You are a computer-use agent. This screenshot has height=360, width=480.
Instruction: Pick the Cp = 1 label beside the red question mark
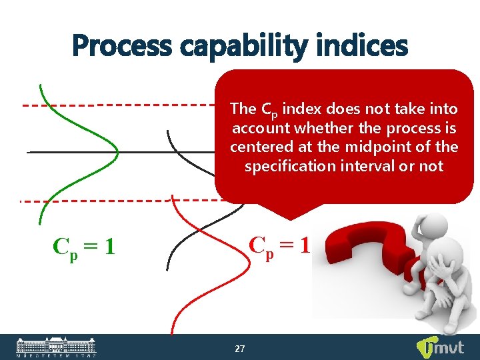tap(279, 245)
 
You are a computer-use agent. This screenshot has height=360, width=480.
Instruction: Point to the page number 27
tap(240, 349)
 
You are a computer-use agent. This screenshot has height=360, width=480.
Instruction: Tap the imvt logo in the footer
tap(441, 347)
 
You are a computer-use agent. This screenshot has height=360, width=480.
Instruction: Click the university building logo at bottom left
tap(56, 347)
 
